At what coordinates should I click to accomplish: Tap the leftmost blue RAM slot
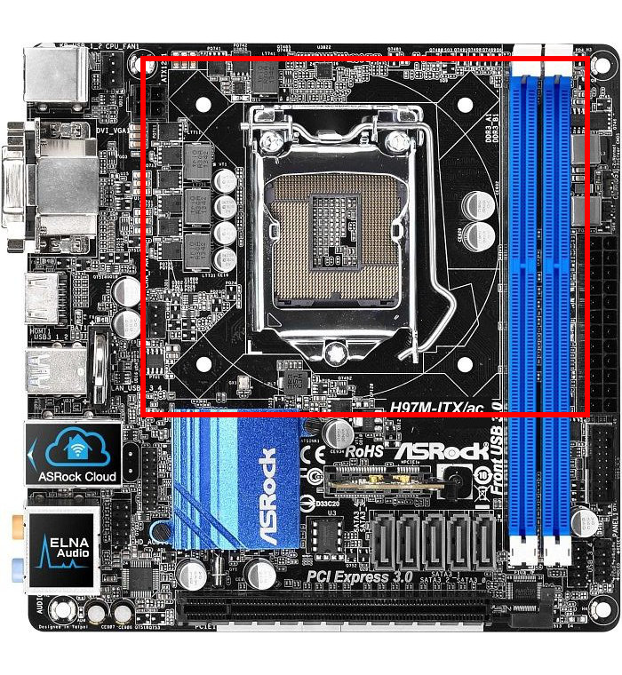pos(527,311)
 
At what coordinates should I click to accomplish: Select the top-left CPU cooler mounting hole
pos(203,105)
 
